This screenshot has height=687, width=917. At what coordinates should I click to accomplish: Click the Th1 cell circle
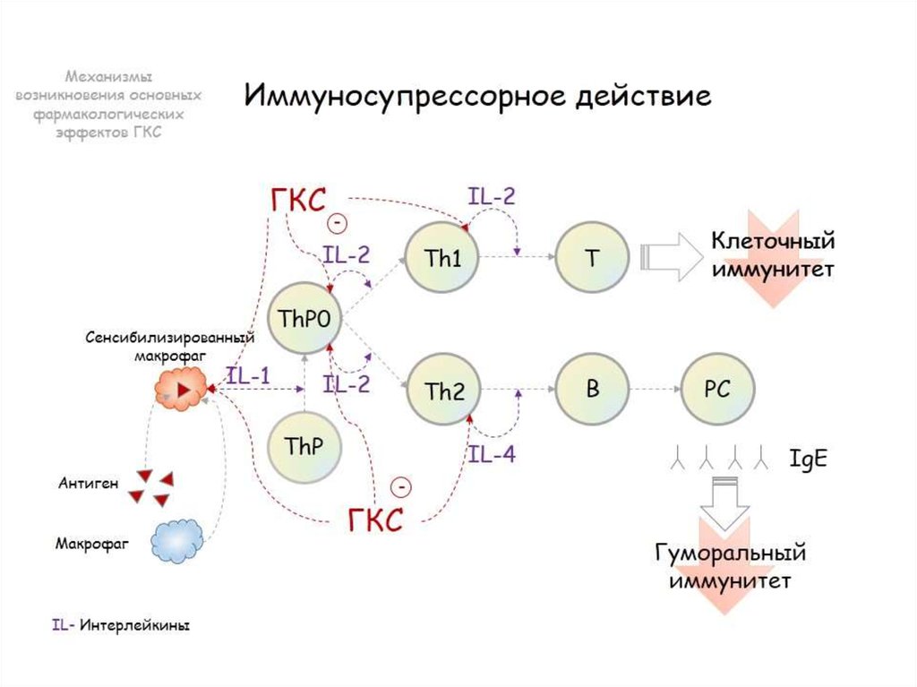[441, 258]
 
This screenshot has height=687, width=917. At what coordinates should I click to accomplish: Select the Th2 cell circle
[443, 391]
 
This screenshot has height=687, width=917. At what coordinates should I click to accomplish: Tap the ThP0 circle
[305, 319]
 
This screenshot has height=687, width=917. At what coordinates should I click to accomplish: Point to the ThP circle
[305, 445]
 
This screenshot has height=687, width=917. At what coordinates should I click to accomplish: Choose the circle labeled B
[591, 391]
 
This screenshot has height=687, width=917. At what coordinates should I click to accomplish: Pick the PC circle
[717, 391]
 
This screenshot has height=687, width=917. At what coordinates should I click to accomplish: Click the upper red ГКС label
[298, 202]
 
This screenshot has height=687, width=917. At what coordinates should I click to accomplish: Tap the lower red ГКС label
[375, 519]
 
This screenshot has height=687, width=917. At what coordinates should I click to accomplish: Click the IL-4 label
[492, 454]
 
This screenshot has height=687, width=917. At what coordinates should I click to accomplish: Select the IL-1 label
[248, 376]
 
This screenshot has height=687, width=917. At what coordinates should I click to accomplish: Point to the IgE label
[808, 459]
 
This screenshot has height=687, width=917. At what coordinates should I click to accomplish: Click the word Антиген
[88, 485]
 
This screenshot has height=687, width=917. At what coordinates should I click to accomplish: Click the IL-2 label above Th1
[492, 196]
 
